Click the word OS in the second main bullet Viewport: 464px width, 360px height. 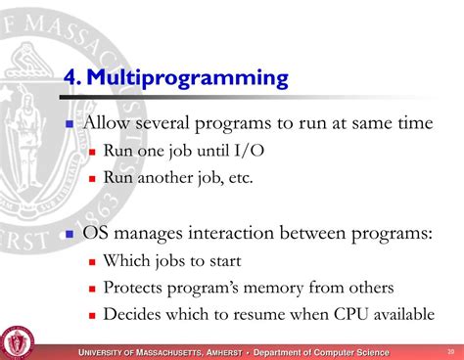click(x=99, y=234)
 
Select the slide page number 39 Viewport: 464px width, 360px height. click(x=449, y=351)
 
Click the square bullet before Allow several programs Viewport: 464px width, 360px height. click(x=70, y=125)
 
